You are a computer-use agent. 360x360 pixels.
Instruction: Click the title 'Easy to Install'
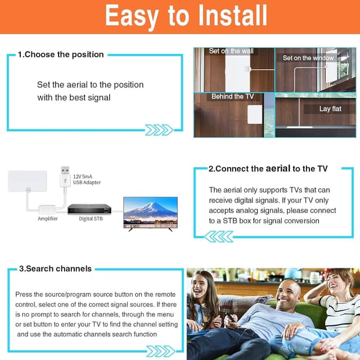coord(186,16)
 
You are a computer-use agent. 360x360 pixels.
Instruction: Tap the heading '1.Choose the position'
coord(61,55)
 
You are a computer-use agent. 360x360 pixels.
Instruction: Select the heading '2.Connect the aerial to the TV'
coord(268,168)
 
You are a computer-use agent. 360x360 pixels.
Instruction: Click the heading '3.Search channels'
coord(55,269)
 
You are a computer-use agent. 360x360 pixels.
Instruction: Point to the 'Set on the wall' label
coord(231,51)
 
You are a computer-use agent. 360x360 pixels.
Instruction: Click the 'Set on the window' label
coord(308,58)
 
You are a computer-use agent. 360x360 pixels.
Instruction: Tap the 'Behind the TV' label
coord(232,97)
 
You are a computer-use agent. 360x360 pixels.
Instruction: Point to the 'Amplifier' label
coord(48,218)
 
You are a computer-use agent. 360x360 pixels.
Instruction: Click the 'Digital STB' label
coord(90,218)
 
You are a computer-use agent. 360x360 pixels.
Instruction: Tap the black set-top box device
coord(89,209)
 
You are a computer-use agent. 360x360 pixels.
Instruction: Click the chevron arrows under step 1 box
coord(159,130)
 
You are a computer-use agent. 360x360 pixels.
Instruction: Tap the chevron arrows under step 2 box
coord(218,236)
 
